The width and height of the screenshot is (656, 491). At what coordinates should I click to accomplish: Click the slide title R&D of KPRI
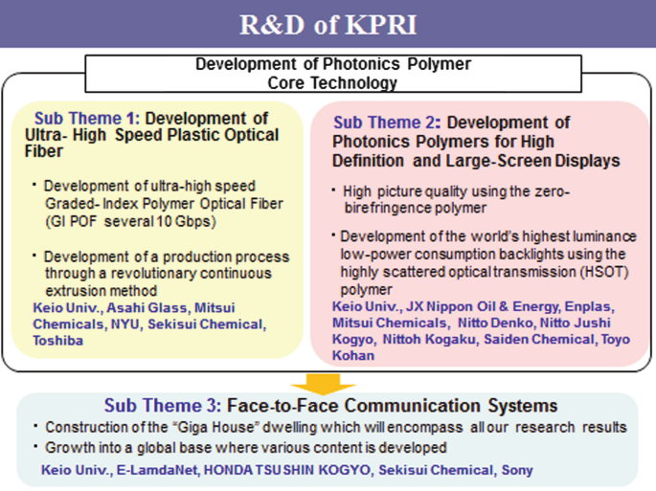point(328,23)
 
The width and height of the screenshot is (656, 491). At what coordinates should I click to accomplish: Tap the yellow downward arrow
point(327,381)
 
